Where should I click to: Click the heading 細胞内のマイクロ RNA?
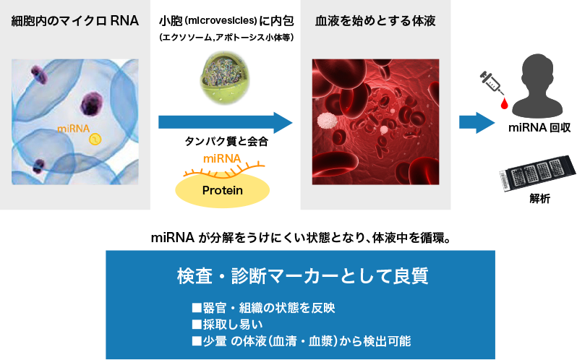(75, 21)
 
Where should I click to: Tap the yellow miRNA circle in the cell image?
(95, 139)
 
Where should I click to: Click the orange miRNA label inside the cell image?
(73, 129)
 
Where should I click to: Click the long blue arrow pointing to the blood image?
(225, 122)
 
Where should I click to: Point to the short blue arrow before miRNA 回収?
(477, 122)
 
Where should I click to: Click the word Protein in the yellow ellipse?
(222, 190)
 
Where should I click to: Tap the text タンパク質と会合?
(226, 141)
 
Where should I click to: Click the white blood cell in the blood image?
(327, 121)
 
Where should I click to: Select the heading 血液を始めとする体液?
(375, 21)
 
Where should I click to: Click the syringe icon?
(492, 82)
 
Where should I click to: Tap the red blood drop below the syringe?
(504, 103)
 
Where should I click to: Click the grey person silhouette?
(538, 86)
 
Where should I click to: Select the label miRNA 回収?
(539, 128)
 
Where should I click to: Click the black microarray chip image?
(538, 173)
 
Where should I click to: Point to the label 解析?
(540, 199)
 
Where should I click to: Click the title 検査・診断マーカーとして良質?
(302, 276)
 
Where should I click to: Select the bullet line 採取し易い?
(228, 325)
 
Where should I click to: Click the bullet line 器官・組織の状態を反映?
(263, 308)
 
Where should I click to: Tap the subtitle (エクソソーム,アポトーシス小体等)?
(227, 38)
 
